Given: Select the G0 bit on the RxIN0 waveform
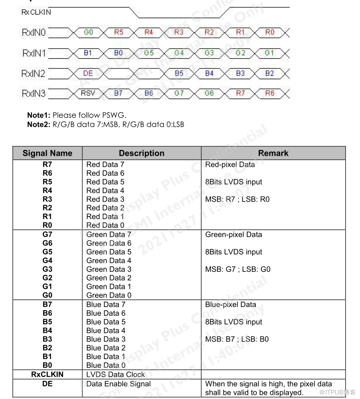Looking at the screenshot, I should [88, 33].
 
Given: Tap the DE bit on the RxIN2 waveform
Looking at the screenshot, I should [88, 73].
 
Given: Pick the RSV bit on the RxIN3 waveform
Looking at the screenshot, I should [88, 93].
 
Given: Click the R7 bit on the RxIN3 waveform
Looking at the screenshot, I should [240, 93].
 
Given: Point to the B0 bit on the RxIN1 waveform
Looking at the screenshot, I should [118, 53].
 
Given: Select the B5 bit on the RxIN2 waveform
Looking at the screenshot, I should [179, 73].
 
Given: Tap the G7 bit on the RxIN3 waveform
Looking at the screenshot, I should [179, 93].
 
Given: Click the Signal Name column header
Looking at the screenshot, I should [48, 153].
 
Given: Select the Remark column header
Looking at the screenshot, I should [273, 153].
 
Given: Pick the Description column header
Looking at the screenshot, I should [142, 153].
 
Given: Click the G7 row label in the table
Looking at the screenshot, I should [48, 235].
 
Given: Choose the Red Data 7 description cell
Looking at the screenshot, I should [105, 165].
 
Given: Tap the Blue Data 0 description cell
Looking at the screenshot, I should [106, 365].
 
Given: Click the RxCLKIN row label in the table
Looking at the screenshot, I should [48, 375].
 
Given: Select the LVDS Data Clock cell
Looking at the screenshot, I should [115, 375].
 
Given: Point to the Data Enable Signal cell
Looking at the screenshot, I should [119, 384].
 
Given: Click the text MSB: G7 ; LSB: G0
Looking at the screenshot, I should [238, 269].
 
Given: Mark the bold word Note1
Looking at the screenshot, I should [38, 115].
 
